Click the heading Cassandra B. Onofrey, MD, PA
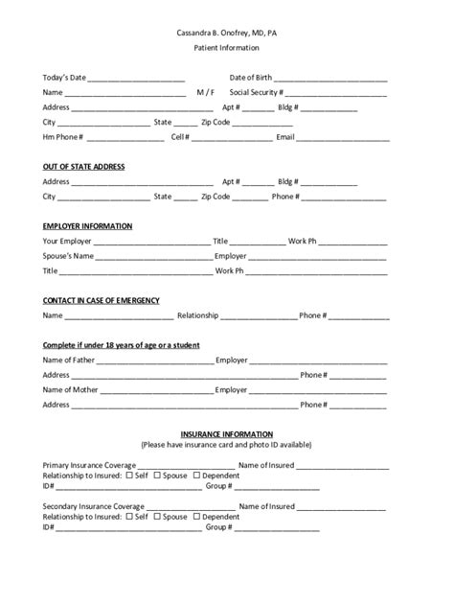pos(226,33)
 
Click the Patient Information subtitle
pos(226,47)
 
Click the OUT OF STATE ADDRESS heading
pos(83,166)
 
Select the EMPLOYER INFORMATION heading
pos(87,225)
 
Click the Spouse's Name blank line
pos(153,258)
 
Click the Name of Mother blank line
pos(155,392)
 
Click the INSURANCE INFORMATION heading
pos(226,434)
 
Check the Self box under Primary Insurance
pos(129,476)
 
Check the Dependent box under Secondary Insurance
pos(197,517)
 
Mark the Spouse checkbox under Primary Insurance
pos(158,476)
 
